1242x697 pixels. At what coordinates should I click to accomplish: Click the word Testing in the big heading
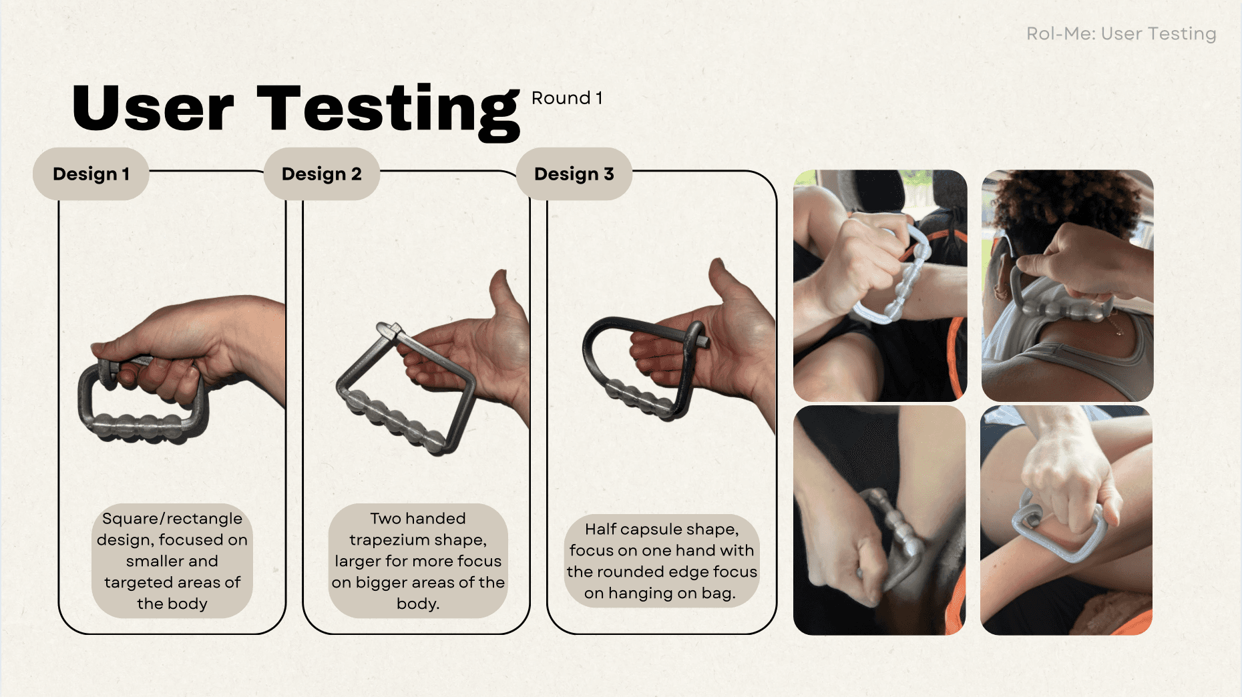pyautogui.click(x=388, y=111)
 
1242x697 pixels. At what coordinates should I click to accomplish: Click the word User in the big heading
pyautogui.click(x=153, y=108)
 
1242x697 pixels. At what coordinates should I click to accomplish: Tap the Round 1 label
pyautogui.click(x=567, y=98)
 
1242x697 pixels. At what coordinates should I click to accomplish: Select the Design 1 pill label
pyautogui.click(x=91, y=174)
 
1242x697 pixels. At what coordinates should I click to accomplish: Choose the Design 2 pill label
pyautogui.click(x=322, y=174)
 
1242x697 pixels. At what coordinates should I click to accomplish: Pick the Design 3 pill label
pyautogui.click(x=574, y=174)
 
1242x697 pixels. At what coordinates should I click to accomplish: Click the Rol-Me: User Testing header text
pyautogui.click(x=1121, y=33)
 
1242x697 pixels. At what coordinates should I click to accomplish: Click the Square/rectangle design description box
pyautogui.click(x=172, y=561)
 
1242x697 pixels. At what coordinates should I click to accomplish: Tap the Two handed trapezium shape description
pyautogui.click(x=418, y=561)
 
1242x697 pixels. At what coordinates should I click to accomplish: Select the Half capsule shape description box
pyautogui.click(x=662, y=561)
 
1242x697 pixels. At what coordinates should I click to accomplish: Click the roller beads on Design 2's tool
pyautogui.click(x=394, y=421)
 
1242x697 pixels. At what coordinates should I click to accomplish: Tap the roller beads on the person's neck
pyautogui.click(x=1068, y=310)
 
